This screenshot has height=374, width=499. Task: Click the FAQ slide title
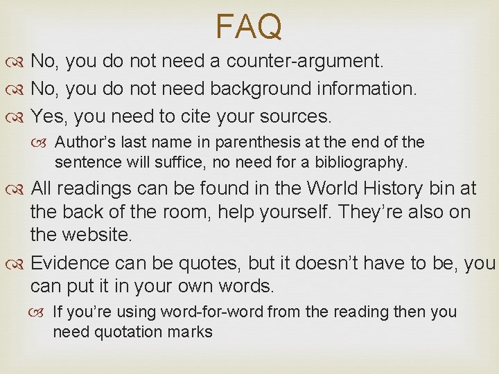pyautogui.click(x=249, y=27)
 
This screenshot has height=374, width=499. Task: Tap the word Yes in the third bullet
pyautogui.click(x=47, y=114)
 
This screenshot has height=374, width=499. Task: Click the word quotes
pyautogui.click(x=204, y=263)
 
